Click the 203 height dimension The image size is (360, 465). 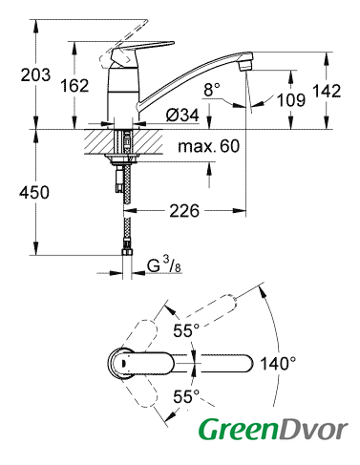coord(35,75)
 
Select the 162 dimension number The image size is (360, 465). coord(74,86)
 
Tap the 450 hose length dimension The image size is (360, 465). coord(34,193)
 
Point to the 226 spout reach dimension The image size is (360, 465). coord(184,211)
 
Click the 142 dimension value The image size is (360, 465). coord(327,91)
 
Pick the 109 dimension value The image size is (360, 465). coord(291,100)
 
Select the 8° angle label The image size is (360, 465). coord(212,90)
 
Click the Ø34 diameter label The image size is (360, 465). coord(182,115)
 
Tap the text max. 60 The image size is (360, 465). coord(208,146)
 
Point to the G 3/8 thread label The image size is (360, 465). coord(164,265)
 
